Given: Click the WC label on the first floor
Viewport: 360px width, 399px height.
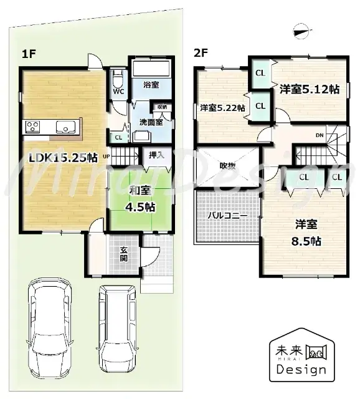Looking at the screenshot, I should [x=118, y=92].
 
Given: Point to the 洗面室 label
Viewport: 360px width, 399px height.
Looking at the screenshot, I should [x=151, y=122].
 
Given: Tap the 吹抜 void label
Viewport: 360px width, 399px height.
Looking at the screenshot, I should [x=226, y=166].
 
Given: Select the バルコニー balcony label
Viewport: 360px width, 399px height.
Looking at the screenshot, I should [x=227, y=215].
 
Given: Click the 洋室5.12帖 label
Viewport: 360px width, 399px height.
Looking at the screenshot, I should [x=309, y=89].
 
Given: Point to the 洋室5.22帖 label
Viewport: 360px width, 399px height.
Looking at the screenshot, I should [x=222, y=108].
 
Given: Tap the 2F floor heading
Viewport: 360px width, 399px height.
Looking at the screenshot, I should [x=200, y=53].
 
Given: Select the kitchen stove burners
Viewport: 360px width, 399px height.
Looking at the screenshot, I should [x=32, y=127].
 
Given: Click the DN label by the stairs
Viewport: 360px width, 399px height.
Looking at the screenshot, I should [x=319, y=135].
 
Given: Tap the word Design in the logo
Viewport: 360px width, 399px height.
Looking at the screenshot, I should [x=297, y=369].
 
